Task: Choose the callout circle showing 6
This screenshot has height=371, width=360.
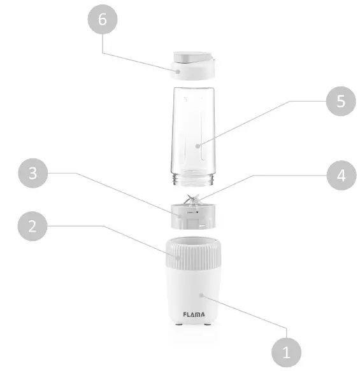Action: click(103, 19)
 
